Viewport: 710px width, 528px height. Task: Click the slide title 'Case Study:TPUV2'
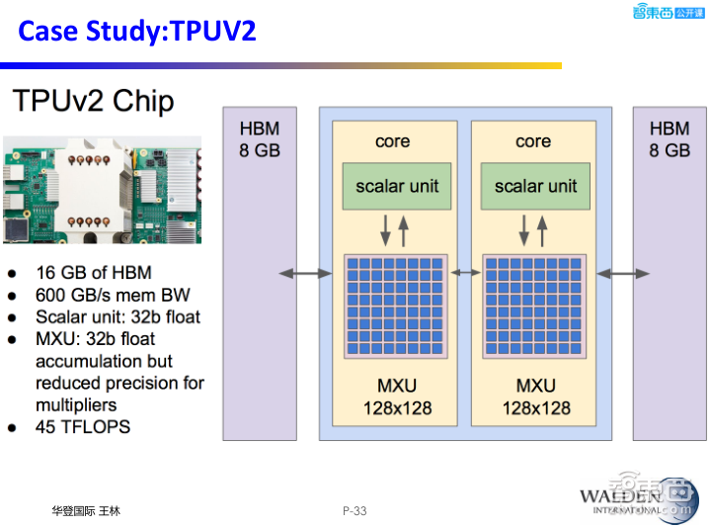[137, 31]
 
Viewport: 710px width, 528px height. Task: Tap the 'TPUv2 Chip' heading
[93, 101]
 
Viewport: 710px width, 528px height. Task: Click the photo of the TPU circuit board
[102, 190]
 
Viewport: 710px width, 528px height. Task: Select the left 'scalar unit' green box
[397, 186]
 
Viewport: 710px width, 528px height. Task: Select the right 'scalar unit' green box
[535, 186]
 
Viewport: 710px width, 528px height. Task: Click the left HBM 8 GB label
[260, 139]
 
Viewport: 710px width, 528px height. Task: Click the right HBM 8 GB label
[670, 139]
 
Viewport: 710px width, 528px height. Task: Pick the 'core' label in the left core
[393, 141]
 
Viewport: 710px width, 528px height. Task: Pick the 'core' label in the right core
[532, 141]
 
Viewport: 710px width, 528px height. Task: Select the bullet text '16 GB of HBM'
[94, 273]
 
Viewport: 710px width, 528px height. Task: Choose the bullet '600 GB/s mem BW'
[113, 295]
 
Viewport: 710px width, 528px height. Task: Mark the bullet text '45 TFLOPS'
[83, 427]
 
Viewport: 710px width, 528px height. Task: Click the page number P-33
[355, 510]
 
